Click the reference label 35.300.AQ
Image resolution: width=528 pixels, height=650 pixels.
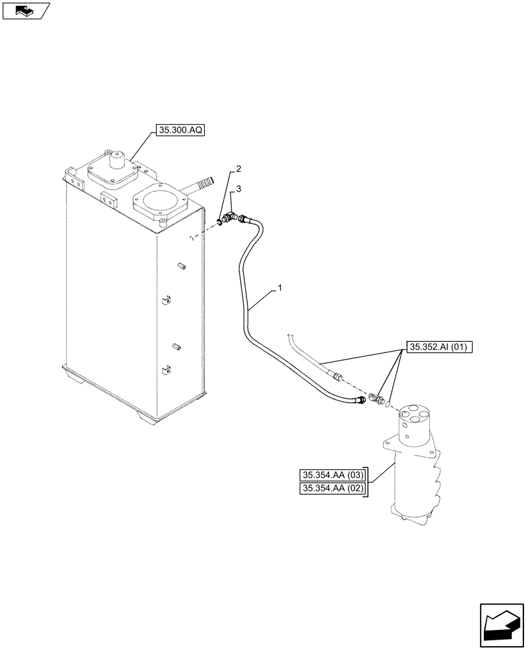180,131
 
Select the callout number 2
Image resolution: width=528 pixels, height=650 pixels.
239,169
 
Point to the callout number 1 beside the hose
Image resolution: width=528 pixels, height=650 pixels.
280,286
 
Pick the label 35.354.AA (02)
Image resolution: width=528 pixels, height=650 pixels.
333,489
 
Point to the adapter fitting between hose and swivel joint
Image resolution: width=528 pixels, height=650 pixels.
375,397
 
